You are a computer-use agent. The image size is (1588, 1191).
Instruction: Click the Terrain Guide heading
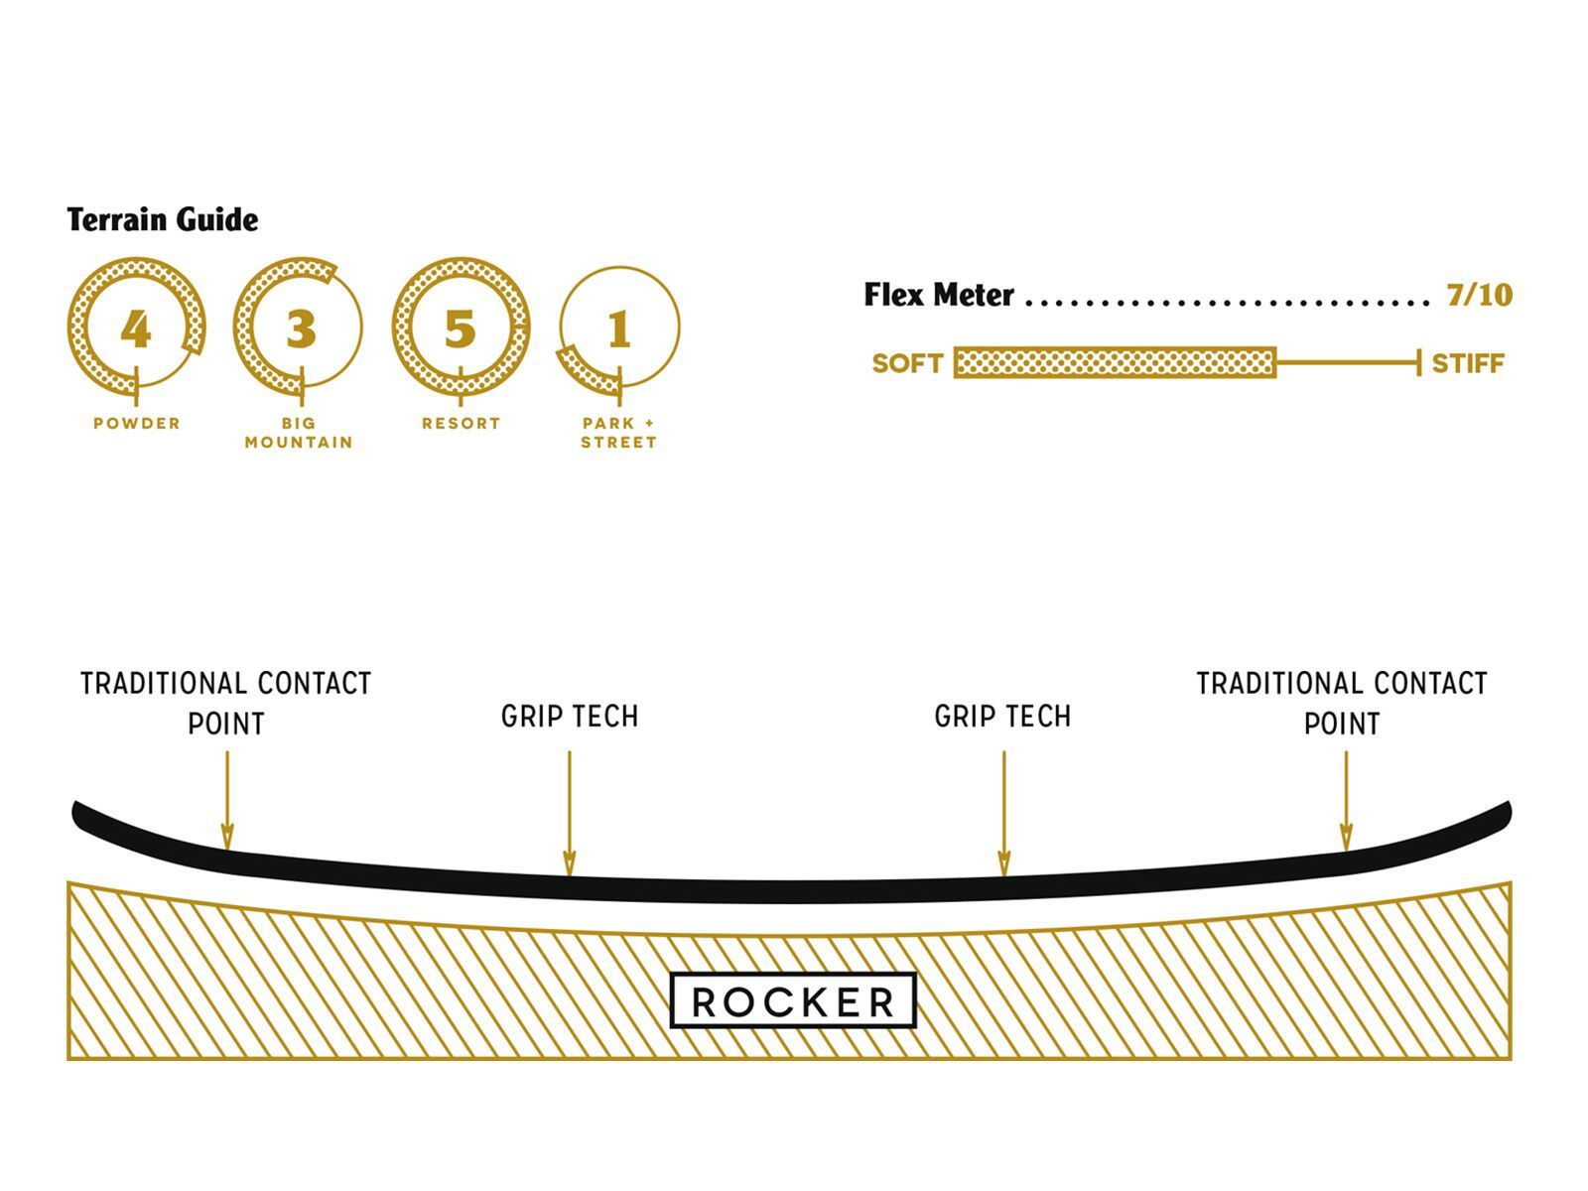[x=163, y=219]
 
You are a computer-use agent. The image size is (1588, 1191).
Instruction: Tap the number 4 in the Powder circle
[x=136, y=329]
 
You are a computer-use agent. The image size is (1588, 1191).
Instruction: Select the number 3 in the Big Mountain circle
[x=301, y=329]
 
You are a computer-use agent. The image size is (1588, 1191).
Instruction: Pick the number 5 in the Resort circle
[x=460, y=329]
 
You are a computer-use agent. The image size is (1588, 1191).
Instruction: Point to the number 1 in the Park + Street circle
[x=619, y=329]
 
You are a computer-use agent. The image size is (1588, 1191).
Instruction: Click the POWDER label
[x=137, y=423]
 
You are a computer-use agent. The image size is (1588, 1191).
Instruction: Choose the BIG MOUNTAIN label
[x=299, y=433]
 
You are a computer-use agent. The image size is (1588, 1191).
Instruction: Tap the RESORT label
[x=461, y=423]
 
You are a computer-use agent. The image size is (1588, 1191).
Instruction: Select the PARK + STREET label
[x=619, y=433]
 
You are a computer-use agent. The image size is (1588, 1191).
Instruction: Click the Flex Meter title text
[x=939, y=295]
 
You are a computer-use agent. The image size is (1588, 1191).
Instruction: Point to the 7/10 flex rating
[x=1479, y=295]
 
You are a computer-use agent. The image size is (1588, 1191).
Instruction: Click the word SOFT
[x=907, y=363]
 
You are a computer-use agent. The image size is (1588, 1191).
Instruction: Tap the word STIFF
[x=1468, y=363]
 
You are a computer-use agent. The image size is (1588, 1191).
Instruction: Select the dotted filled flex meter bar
[x=1115, y=363]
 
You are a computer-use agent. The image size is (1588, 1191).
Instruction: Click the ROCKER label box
[x=793, y=1001]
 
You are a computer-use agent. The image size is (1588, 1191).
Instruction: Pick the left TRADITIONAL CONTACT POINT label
[x=226, y=703]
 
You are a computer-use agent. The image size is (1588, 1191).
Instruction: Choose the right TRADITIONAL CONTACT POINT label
[x=1342, y=703]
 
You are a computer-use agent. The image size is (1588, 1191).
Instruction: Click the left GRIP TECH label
[x=570, y=716]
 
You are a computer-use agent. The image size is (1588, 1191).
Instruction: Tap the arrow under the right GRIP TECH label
[x=1003, y=814]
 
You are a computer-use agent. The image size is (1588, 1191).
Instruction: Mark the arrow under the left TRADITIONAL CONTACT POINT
[x=227, y=800]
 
